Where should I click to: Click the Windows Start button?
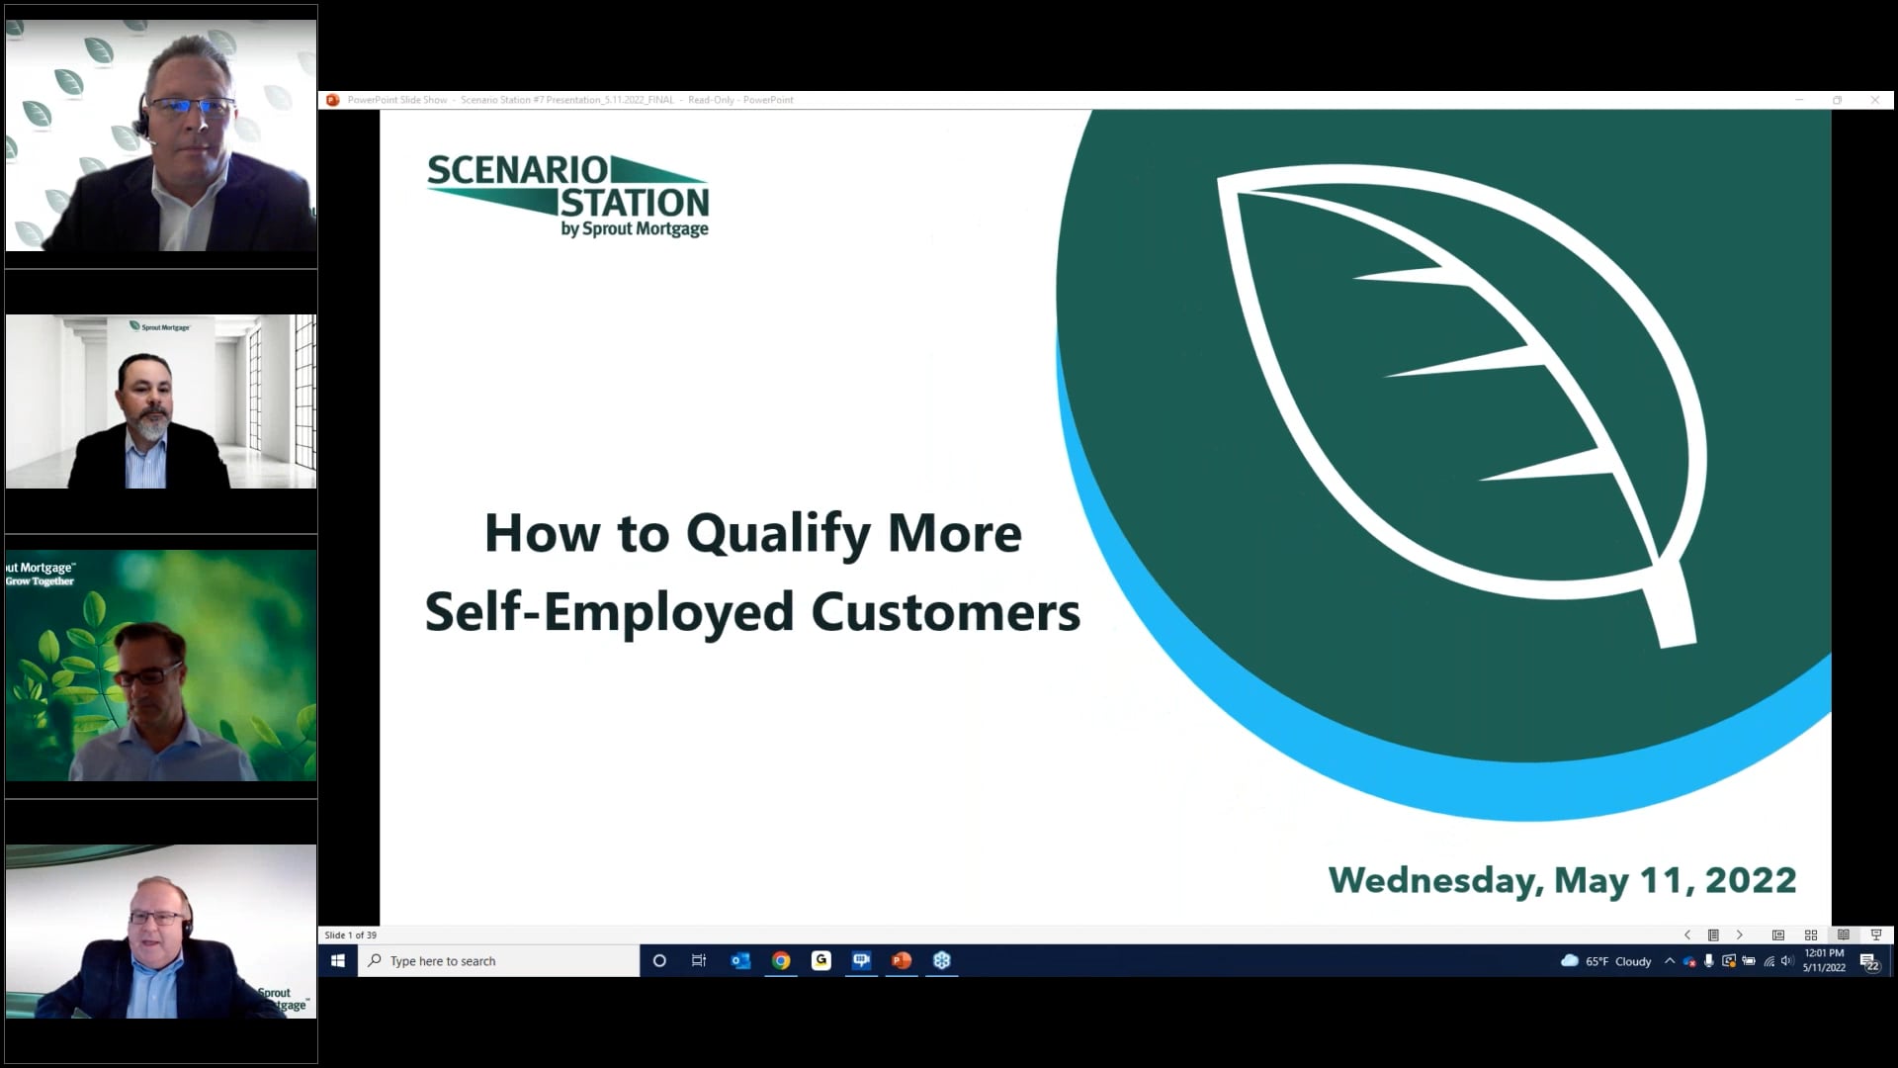[337, 960]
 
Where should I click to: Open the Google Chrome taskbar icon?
[781, 960]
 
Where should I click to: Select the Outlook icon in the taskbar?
[740, 960]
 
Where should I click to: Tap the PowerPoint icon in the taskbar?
[902, 960]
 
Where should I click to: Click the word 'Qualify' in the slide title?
[778, 535]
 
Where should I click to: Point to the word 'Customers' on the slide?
[945, 612]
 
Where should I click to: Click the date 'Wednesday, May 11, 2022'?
[1562, 880]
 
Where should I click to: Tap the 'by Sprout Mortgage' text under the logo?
[635, 229]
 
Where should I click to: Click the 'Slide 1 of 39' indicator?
[351, 934]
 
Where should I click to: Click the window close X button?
[1874, 100]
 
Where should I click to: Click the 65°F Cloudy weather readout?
[1606, 961]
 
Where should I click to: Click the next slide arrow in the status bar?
[1740, 934]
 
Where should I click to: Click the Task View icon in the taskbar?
[699, 960]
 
